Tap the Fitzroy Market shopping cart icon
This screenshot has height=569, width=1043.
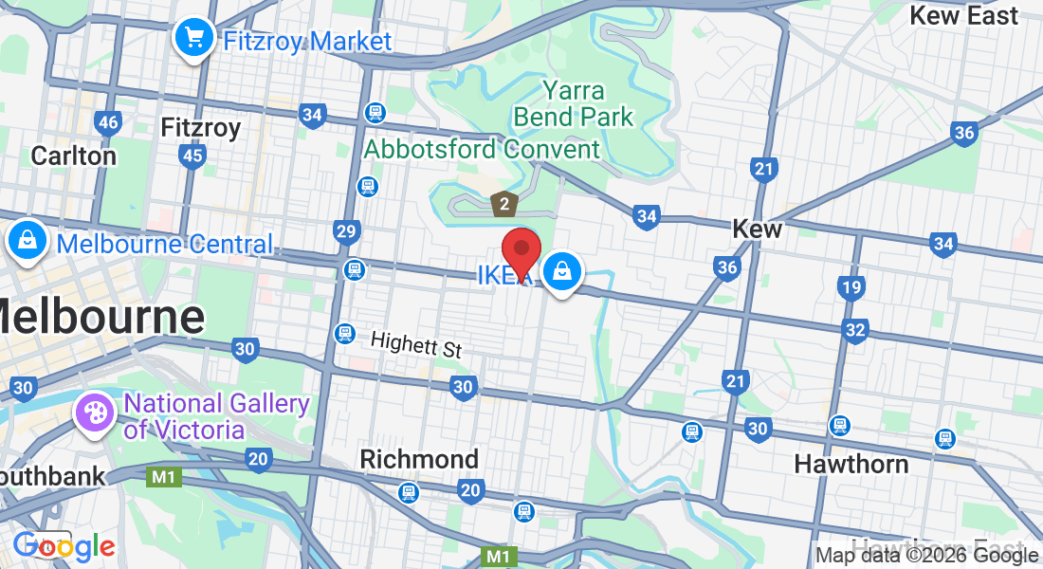click(194, 38)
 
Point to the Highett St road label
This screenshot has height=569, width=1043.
click(415, 344)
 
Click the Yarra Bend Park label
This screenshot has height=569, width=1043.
click(573, 104)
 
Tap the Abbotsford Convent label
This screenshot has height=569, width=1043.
click(482, 149)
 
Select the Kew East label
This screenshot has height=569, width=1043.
click(963, 15)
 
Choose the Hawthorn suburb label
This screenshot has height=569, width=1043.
click(851, 464)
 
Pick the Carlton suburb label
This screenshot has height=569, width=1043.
click(74, 156)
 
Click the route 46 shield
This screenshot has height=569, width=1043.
click(108, 122)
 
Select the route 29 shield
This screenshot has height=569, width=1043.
click(347, 231)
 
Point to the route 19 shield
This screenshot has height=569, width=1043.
click(851, 287)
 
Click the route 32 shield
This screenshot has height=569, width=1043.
click(855, 330)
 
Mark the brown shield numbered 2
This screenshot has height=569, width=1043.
click(504, 203)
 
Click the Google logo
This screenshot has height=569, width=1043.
click(64, 546)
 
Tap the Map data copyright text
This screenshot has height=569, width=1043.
click(927, 556)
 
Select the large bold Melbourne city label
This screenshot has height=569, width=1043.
click(100, 317)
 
